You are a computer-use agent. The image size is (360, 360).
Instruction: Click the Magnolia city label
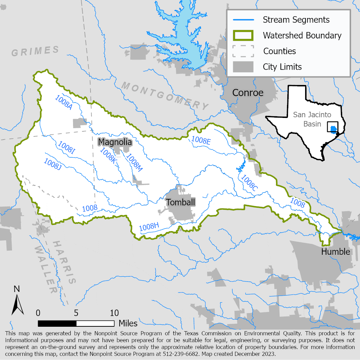115,142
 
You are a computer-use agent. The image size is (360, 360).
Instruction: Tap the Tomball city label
181,202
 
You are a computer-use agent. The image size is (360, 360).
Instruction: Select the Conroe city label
248,93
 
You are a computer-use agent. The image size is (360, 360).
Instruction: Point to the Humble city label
336,252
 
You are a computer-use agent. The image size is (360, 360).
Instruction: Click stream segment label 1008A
63,102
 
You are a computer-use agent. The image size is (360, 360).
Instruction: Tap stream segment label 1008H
149,226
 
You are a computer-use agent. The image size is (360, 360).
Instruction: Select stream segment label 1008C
249,183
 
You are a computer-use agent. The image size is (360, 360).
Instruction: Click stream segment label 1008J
52,164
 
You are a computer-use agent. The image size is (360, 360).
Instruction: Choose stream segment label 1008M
134,162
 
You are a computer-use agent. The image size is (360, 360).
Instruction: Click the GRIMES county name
35,51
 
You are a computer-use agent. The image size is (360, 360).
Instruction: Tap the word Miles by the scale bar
128,323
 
